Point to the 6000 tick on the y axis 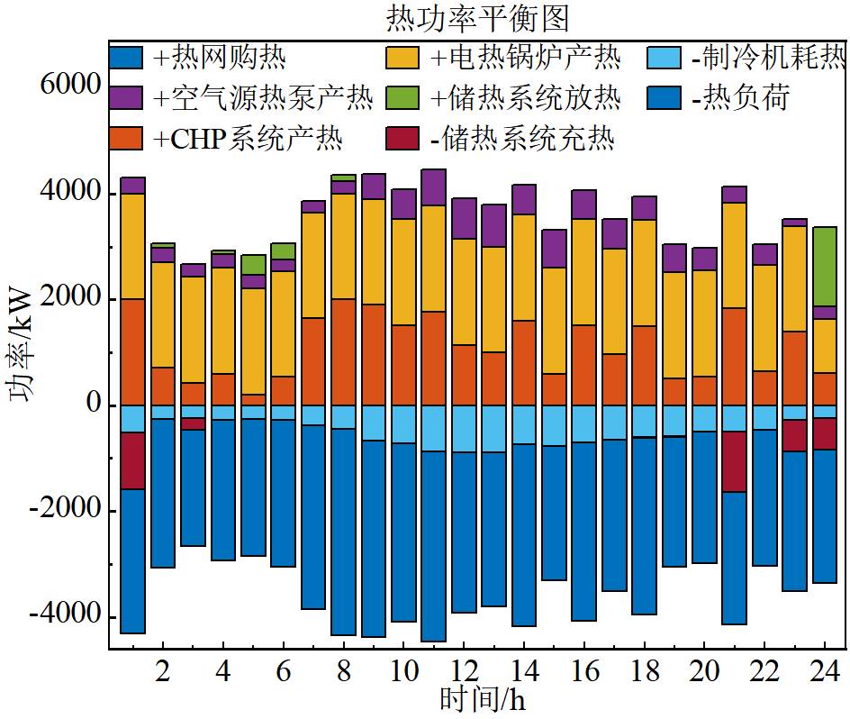69,86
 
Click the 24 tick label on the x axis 824,671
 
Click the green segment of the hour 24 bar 825,267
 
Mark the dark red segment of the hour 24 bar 825,433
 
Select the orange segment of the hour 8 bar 343,351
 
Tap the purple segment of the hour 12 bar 464,218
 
